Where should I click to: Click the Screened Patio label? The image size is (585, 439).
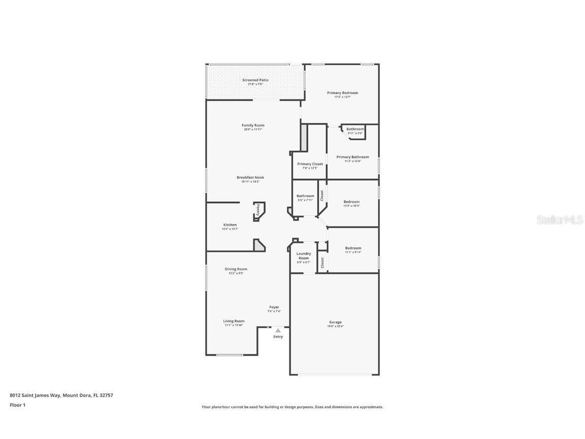tap(255, 80)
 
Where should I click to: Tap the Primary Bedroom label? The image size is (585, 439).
tap(342, 93)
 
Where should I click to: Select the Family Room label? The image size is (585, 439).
tap(253, 126)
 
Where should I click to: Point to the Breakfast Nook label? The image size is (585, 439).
tap(250, 178)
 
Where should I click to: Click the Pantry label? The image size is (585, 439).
tap(258, 209)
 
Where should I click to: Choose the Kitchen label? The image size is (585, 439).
tap(230, 225)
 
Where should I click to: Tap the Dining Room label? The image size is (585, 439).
tap(236, 269)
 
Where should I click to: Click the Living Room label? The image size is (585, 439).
tap(234, 321)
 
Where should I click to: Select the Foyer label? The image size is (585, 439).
tap(274, 307)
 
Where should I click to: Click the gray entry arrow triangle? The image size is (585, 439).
tap(278, 331)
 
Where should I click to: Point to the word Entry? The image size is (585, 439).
tap(278, 337)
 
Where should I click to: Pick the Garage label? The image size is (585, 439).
tap(335, 322)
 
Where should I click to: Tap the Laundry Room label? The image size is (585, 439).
tap(304, 256)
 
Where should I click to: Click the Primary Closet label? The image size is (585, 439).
tap(310, 164)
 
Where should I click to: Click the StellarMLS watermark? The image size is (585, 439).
tap(561, 219)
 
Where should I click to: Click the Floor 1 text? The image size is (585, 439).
tap(17, 405)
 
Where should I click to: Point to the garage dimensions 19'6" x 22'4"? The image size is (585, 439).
tap(335, 326)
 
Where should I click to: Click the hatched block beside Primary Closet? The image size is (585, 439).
tap(304, 138)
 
